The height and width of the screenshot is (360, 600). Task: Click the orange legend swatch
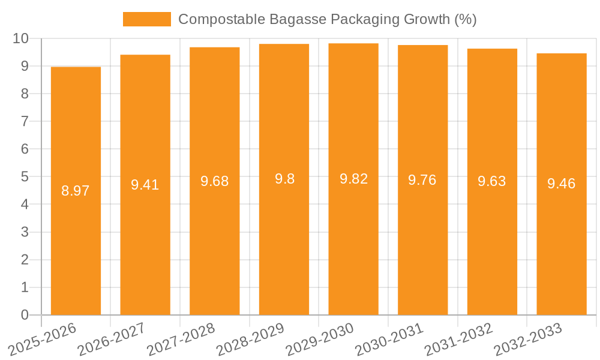pyautogui.click(x=146, y=19)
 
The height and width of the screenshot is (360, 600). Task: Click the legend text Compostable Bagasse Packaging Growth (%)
pyautogui.click(x=327, y=19)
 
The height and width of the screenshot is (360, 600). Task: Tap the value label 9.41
pyautogui.click(x=145, y=185)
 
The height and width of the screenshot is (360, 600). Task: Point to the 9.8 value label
pyautogui.click(x=284, y=179)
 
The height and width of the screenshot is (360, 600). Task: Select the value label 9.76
pyautogui.click(x=422, y=180)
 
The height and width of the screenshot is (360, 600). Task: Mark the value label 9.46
pyautogui.click(x=562, y=184)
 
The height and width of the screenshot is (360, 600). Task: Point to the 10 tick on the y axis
pyautogui.click(x=21, y=38)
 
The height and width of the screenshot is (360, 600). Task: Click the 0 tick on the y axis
pyautogui.click(x=25, y=315)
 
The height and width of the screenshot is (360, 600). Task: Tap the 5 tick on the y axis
pyautogui.click(x=25, y=177)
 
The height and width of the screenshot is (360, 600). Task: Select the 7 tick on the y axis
pyautogui.click(x=25, y=121)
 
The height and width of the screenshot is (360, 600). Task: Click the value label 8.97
pyautogui.click(x=76, y=191)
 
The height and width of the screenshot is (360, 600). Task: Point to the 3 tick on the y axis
pyautogui.click(x=25, y=232)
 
